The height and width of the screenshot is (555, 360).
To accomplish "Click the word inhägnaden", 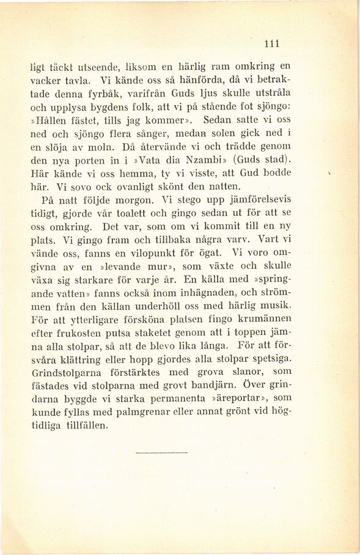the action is tap(196, 292).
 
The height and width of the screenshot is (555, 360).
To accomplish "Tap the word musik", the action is tap(277, 305).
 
